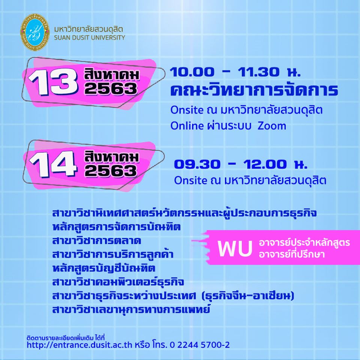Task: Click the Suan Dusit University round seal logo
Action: (35, 32)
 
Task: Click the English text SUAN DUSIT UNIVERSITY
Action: (90, 37)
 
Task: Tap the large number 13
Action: (52, 82)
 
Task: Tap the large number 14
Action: (53, 164)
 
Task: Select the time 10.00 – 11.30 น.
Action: (235, 72)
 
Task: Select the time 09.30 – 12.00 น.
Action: (240, 164)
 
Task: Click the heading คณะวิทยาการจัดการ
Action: (254, 90)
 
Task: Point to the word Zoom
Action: (272, 126)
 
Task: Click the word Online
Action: (184, 126)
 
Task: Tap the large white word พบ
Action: (235, 249)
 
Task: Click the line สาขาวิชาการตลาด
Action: (96, 241)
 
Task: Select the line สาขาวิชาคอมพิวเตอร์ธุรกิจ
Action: (118, 282)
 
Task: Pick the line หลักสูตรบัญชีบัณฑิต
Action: (104, 268)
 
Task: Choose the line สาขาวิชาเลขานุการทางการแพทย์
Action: (131, 309)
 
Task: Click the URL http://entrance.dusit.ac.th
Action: (79, 345)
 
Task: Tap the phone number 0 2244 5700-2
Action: (199, 345)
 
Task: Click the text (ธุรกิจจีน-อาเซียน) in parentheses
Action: (247, 295)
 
